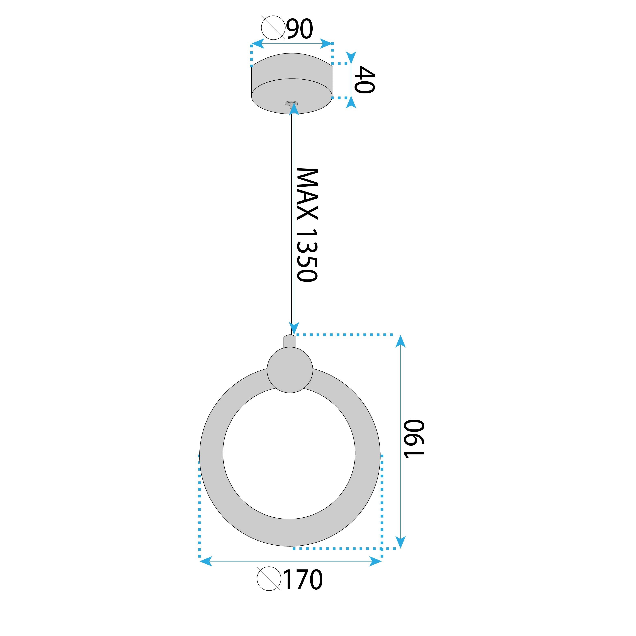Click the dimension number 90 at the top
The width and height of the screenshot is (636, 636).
pos(300,29)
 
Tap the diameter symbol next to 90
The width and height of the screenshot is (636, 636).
pos(273,27)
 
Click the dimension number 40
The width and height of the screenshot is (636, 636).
pos(364,80)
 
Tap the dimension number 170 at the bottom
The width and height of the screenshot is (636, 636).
pos(303,580)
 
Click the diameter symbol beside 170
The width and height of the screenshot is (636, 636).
pos(269,578)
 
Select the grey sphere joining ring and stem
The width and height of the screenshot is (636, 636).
pos(290,370)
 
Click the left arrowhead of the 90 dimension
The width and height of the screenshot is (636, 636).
pos(257,44)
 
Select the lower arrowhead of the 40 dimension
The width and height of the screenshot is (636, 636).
pos(351,103)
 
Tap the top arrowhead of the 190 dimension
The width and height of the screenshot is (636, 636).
pos(400,341)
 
